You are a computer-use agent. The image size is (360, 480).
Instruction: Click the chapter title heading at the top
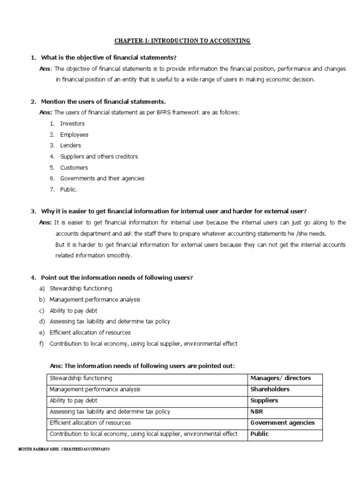183,41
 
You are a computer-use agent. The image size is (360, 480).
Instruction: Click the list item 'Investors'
72,124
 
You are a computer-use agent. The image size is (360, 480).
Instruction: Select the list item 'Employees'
74,135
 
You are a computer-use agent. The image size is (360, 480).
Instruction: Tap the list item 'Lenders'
70,145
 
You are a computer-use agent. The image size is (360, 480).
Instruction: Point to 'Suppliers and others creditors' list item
99,157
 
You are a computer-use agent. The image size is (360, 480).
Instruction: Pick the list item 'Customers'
74,167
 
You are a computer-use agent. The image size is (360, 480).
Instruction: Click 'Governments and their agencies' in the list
102,178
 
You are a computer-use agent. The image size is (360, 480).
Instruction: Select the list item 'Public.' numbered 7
68,189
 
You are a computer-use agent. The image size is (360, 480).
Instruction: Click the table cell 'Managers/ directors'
280,378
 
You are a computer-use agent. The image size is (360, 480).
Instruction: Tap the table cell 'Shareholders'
270,390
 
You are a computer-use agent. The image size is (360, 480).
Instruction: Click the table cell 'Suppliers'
264,401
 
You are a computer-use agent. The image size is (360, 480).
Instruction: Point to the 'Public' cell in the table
259,434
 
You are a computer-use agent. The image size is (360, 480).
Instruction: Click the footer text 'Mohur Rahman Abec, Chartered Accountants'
63,449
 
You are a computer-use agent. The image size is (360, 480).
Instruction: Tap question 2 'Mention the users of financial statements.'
103,101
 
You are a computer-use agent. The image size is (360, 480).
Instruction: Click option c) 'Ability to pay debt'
73,310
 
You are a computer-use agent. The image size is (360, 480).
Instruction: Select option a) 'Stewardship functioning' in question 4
81,288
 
